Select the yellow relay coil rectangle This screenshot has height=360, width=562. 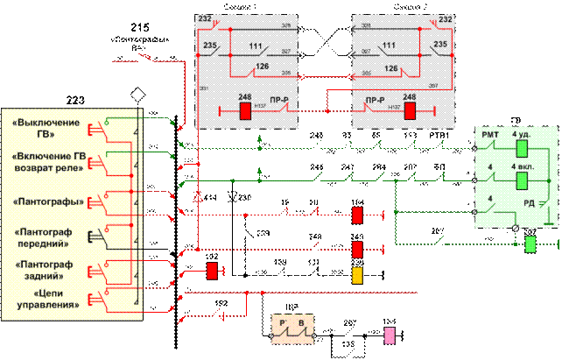tap(357, 275)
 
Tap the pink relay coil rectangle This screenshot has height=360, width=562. tap(390, 335)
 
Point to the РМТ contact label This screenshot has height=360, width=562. tap(490, 134)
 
